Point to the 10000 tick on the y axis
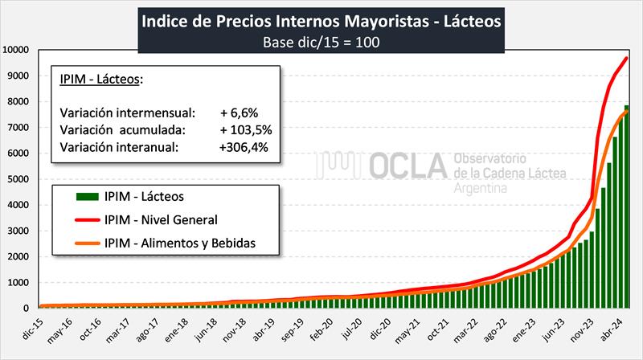point(17,50)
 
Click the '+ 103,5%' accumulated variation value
point(246,129)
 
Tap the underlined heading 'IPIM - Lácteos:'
point(101,79)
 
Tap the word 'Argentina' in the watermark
point(481,188)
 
